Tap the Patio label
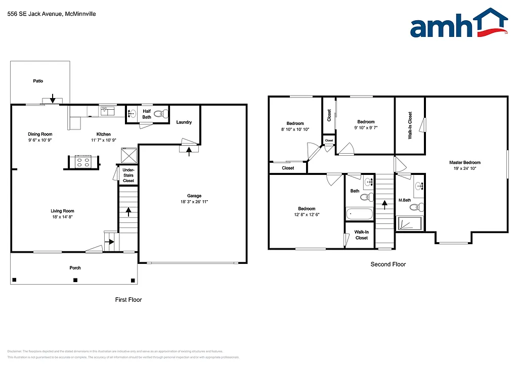click(38, 81)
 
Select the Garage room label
click(194, 196)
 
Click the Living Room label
click(62, 211)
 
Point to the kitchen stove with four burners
click(82, 162)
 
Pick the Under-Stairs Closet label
click(128, 175)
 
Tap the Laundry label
click(184, 122)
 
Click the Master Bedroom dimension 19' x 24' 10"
click(464, 169)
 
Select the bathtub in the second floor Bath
click(360, 214)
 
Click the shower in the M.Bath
click(410, 223)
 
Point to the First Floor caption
click(128, 300)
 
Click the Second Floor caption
click(388, 264)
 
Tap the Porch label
click(75, 268)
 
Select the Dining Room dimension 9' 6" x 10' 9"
click(40, 140)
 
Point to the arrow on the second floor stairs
click(384, 204)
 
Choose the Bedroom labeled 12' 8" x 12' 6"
click(307, 214)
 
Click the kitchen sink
click(108, 111)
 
